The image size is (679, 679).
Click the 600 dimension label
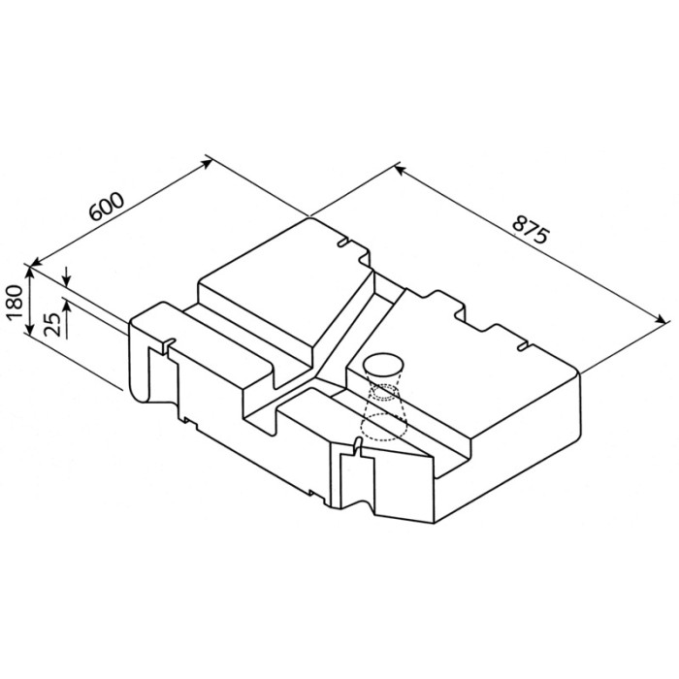[x=107, y=206]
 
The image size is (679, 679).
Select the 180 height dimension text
[x=16, y=302]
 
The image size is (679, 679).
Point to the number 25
[x=52, y=324]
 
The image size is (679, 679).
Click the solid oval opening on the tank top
[x=382, y=364]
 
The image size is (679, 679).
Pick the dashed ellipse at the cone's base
[x=384, y=428]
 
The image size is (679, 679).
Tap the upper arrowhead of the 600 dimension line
[x=207, y=163]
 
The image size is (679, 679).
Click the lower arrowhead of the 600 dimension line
[x=37, y=261]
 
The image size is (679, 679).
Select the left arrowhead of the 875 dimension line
[x=400, y=169]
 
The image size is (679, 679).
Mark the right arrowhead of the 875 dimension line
[x=662, y=319]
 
